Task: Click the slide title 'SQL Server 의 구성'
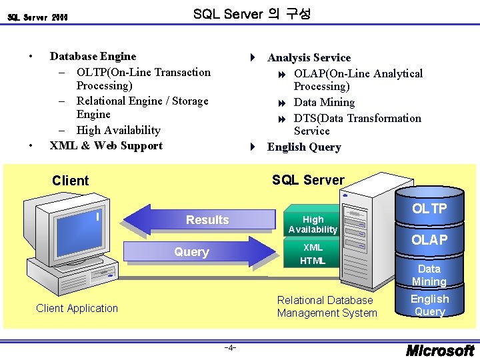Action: pyautogui.click(x=251, y=14)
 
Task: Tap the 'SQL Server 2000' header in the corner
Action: pyautogui.click(x=38, y=17)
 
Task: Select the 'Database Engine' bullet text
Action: pyautogui.click(x=93, y=57)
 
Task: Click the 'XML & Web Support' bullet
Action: pyautogui.click(x=106, y=145)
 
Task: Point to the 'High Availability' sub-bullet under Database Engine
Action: pyautogui.click(x=118, y=130)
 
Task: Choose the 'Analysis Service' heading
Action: pyautogui.click(x=309, y=58)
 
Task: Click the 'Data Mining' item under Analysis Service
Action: pyautogui.click(x=324, y=103)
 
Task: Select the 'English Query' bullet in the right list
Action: pyautogui.click(x=304, y=147)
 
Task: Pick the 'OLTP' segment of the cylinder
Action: pyautogui.click(x=429, y=209)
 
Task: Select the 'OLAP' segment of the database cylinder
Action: pyautogui.click(x=429, y=240)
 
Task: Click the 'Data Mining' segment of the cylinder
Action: pyautogui.click(x=429, y=275)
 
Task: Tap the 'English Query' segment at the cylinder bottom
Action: pyautogui.click(x=429, y=305)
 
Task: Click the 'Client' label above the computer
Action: pyautogui.click(x=70, y=181)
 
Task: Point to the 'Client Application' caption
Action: pyautogui.click(x=77, y=308)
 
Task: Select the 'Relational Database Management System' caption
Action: pyautogui.click(x=327, y=307)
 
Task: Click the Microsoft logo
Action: pyautogui.click(x=440, y=350)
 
